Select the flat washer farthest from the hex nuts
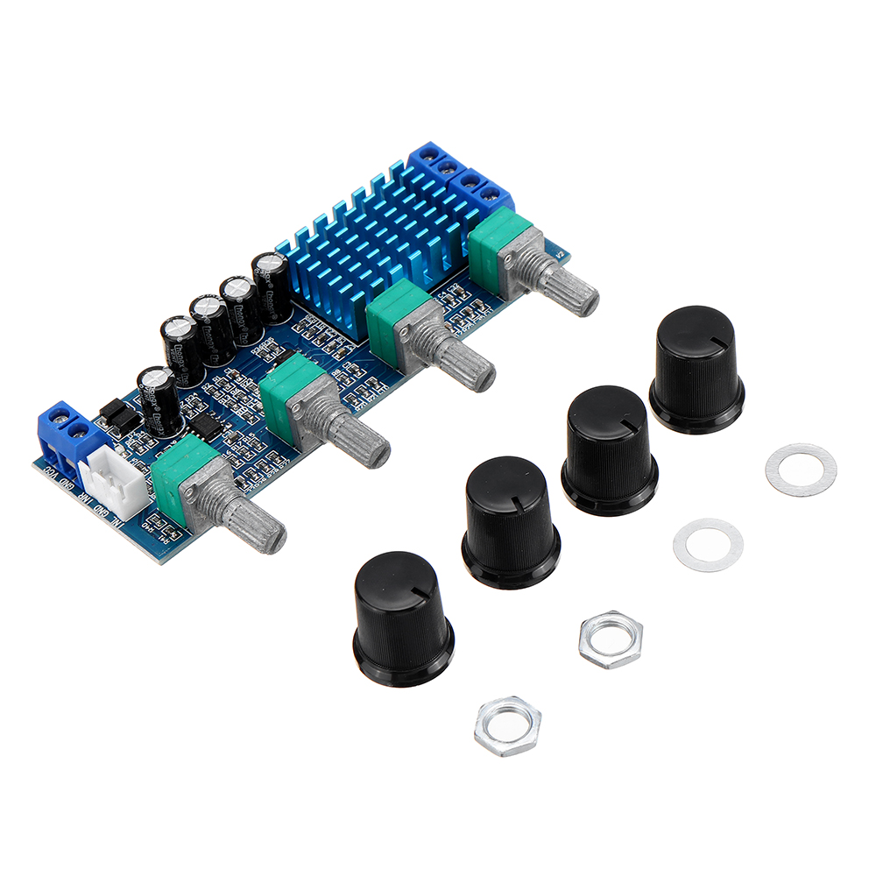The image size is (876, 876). coord(801,470)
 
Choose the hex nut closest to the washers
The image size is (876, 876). coord(611,639)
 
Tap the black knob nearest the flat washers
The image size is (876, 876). coord(696,368)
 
